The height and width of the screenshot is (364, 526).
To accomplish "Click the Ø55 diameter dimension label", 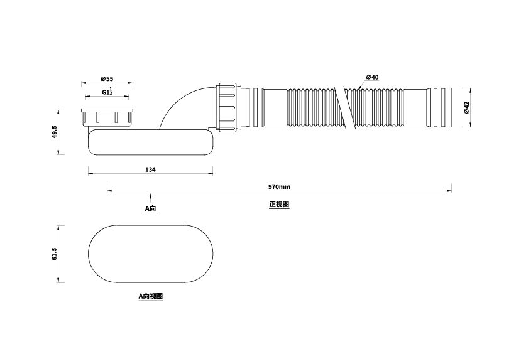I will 106,79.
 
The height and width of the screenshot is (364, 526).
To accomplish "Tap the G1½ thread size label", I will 107,92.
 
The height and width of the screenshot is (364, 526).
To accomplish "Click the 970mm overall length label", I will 279,187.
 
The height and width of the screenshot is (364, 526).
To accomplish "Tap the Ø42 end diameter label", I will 466,107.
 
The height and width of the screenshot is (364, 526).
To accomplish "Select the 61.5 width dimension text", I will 55,254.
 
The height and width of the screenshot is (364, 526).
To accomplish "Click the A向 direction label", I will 150,208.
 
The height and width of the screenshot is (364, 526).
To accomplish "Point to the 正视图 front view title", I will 279,205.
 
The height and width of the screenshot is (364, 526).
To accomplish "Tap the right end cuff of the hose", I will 440,107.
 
